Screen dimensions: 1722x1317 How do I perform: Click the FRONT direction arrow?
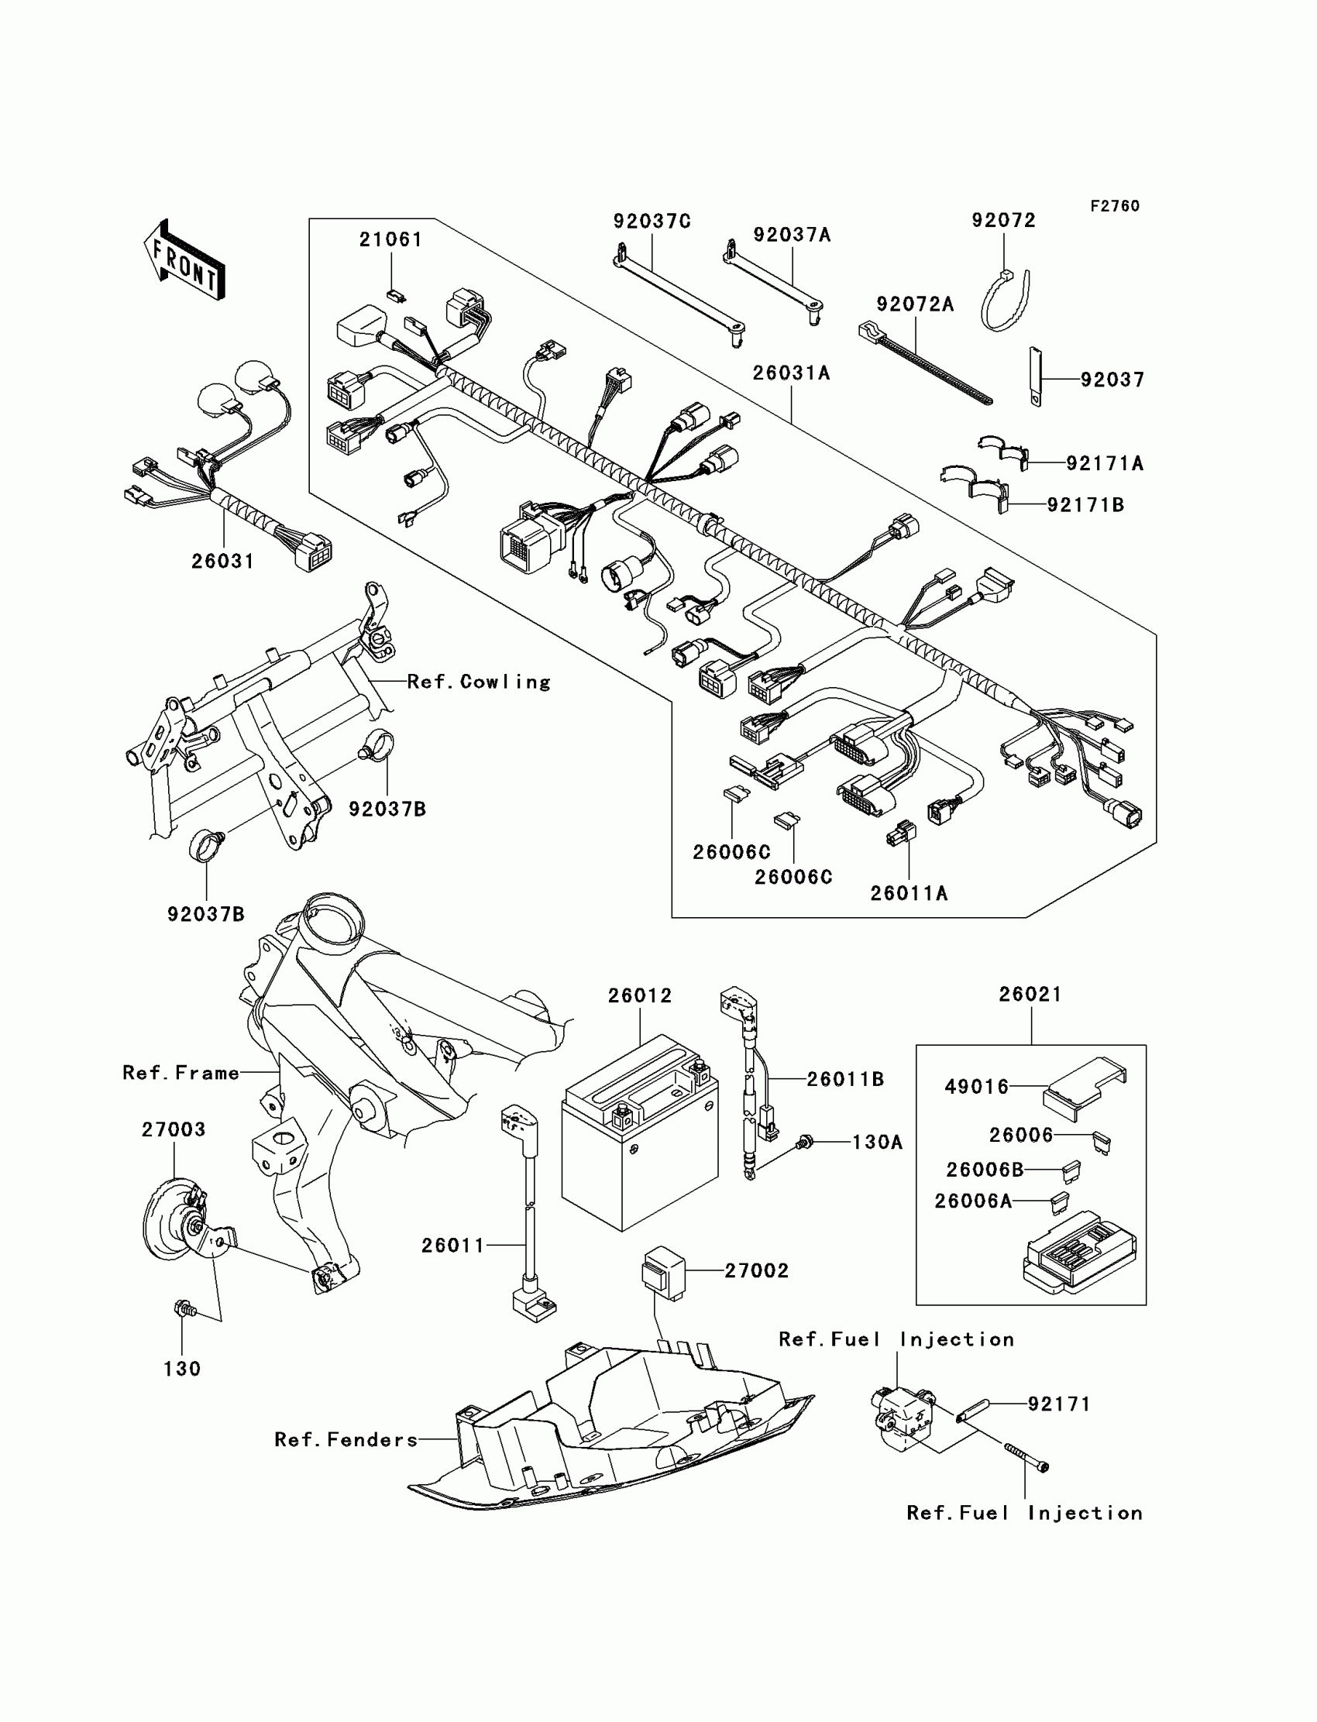[185, 260]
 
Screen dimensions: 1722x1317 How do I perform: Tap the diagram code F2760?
[1115, 206]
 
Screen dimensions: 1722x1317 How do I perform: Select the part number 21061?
[390, 240]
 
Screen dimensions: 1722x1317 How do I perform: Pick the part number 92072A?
[915, 305]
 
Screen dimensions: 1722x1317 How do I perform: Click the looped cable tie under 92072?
[1004, 301]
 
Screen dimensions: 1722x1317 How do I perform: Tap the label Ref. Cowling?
[478, 682]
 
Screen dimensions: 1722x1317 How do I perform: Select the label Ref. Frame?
[181, 1073]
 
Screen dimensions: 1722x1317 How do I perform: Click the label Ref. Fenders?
[346, 1440]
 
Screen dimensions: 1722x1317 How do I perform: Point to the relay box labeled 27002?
[663, 1273]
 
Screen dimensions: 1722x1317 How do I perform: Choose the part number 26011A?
[909, 893]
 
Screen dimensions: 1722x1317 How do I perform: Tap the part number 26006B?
[985, 1170]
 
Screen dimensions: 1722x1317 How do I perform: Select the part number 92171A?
[1105, 464]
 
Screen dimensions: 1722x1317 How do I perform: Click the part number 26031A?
[791, 373]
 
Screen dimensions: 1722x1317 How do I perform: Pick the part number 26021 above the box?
[1030, 995]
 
